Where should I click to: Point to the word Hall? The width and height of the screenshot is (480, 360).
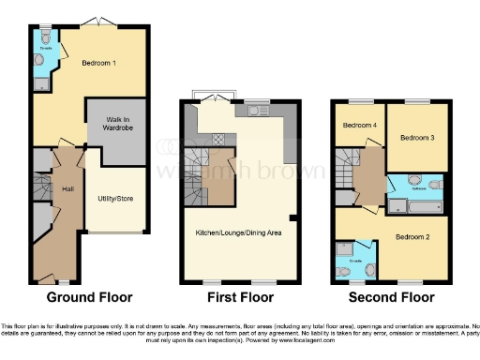(67, 190)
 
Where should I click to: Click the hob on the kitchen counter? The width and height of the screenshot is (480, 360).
(217, 138)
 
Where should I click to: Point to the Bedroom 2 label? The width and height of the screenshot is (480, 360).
(412, 236)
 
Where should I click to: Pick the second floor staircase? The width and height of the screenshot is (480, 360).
(346, 172)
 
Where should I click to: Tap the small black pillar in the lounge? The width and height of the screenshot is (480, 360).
(293, 220)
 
